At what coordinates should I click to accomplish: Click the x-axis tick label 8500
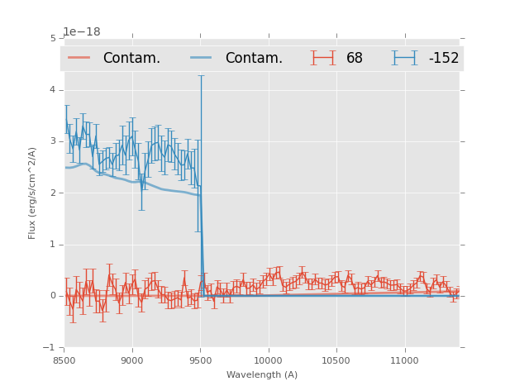tap(64, 360)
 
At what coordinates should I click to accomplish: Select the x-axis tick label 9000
tap(132, 360)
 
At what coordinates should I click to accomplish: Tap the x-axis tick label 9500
tap(200, 360)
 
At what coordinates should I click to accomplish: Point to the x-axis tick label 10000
tap(268, 360)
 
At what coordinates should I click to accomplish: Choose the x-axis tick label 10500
tap(336, 360)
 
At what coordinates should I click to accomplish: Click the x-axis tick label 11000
tap(404, 360)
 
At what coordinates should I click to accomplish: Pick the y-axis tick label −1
tap(51, 348)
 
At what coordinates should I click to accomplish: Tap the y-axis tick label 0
tap(53, 296)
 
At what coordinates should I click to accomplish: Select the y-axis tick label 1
tap(53, 245)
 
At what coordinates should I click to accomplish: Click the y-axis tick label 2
tap(53, 193)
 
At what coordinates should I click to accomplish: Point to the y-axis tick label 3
tap(53, 141)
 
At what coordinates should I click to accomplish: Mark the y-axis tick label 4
tap(53, 89)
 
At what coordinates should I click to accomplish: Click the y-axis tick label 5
tap(53, 38)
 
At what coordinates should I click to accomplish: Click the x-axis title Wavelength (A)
tap(262, 375)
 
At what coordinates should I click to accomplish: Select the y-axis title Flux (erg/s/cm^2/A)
tap(32, 193)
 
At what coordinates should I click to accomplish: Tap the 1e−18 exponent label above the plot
tap(82, 31)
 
